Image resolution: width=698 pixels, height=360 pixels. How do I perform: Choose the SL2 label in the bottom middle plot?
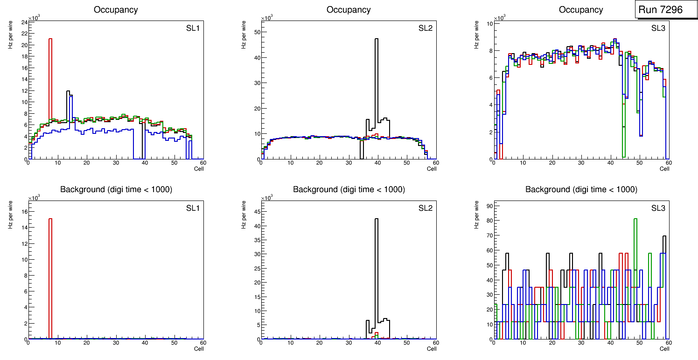(x=425, y=208)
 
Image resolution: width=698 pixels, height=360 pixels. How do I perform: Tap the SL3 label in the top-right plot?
(x=658, y=28)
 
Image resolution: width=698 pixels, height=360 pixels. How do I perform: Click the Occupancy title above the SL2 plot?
(x=349, y=9)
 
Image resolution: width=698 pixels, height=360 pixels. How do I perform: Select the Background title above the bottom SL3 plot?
(x=581, y=189)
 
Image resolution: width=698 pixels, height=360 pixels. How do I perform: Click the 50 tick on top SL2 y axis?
(x=257, y=32)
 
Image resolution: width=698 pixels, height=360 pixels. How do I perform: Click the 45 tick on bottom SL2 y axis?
(x=257, y=211)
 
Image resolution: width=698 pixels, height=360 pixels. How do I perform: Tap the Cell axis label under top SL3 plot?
(x=664, y=169)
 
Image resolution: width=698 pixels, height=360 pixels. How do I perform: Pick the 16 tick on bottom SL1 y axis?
(x=25, y=212)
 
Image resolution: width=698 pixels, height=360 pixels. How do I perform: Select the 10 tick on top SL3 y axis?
(x=490, y=23)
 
